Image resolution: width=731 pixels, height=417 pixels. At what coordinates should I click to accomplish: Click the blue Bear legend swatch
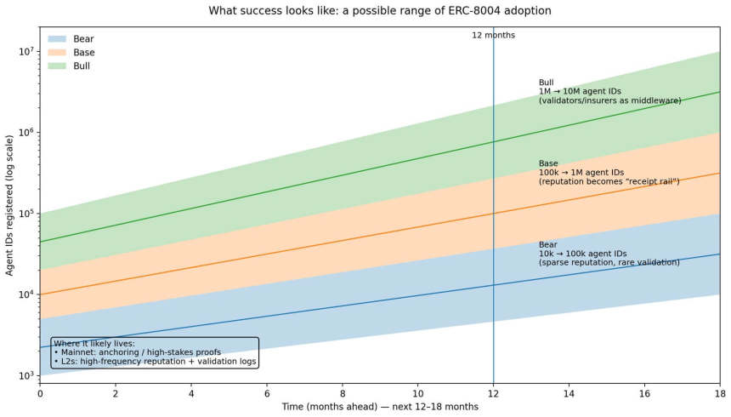click(x=57, y=39)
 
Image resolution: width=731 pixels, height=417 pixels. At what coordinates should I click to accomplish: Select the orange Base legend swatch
click(x=57, y=53)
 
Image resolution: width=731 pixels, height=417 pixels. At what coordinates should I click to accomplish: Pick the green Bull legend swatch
click(x=57, y=66)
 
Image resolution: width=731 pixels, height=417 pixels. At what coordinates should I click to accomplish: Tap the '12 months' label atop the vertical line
click(x=493, y=35)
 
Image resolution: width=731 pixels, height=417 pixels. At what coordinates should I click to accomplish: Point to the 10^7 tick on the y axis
click(x=25, y=51)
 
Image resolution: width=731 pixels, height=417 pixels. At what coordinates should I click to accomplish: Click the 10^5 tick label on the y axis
click(x=25, y=214)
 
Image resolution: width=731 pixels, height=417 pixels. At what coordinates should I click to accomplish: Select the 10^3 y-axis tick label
click(x=25, y=375)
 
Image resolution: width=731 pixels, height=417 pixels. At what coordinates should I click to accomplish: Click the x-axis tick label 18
click(x=719, y=393)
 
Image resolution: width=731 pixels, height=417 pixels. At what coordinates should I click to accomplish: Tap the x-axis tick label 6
click(x=267, y=393)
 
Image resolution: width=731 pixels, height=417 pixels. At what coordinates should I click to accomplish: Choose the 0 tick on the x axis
click(x=40, y=393)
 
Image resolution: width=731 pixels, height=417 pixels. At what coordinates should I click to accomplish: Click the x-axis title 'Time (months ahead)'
click(x=380, y=407)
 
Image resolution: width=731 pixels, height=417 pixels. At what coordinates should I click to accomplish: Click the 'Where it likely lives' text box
click(x=154, y=351)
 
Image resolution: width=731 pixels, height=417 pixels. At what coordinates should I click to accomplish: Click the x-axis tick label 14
click(x=569, y=393)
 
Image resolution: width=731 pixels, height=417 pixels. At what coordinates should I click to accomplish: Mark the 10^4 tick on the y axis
click(x=25, y=294)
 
